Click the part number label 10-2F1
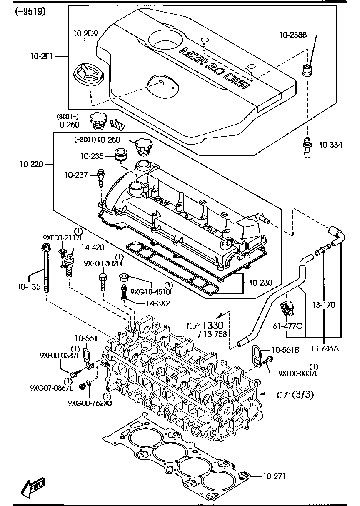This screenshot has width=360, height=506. click(x=41, y=55)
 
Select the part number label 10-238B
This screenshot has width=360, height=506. click(x=293, y=36)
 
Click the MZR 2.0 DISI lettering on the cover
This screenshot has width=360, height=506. click(x=214, y=68)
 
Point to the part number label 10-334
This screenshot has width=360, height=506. click(x=331, y=145)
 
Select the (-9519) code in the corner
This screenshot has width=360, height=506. click(x=30, y=11)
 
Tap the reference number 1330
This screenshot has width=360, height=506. click(x=213, y=325)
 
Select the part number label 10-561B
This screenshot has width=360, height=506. click(x=285, y=350)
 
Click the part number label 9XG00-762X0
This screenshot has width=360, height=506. click(x=89, y=403)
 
